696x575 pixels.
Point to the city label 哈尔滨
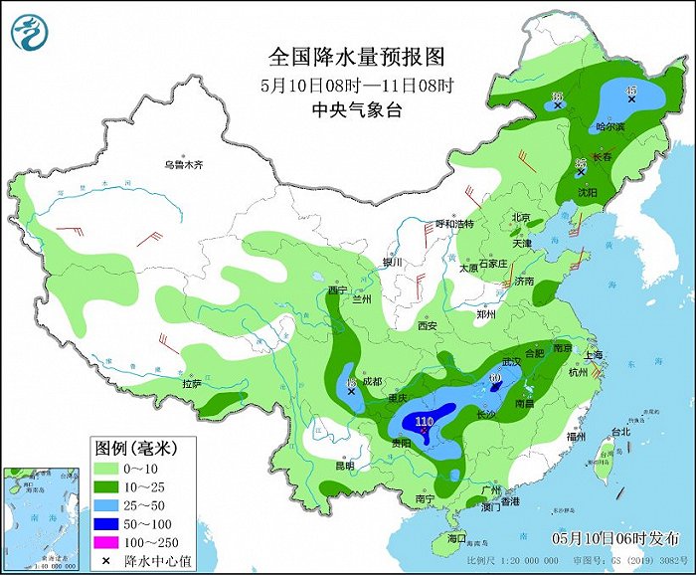tap(609, 127)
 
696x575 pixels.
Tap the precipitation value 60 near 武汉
tap(495, 378)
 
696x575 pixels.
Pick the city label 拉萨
tap(192, 383)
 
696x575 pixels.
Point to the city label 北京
tap(520, 217)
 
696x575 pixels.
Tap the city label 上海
tap(596, 354)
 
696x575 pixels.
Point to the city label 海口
tap(456, 538)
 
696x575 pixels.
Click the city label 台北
tap(619, 432)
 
